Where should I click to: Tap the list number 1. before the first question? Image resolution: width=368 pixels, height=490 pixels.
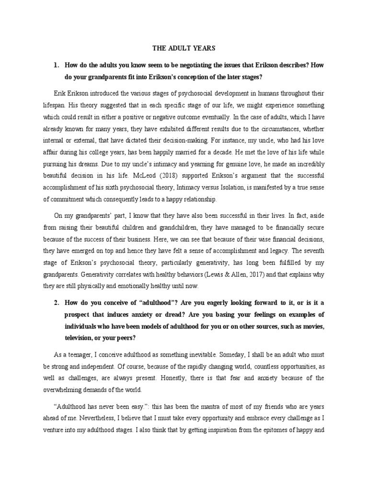(56, 64)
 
